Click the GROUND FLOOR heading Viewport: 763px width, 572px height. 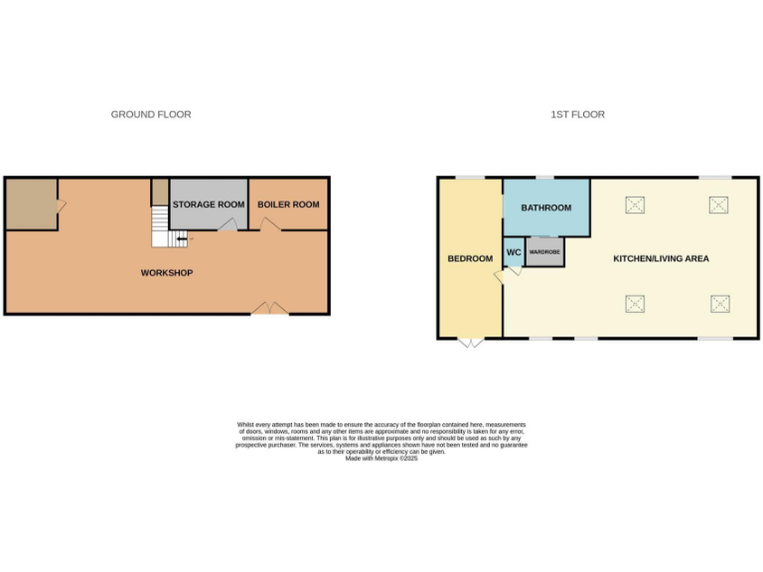click(x=151, y=115)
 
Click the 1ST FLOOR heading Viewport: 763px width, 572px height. click(x=578, y=115)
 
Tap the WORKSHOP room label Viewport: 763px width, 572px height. click(x=167, y=273)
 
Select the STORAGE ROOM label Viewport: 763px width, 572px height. click(x=209, y=205)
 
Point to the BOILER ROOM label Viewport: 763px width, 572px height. click(x=288, y=205)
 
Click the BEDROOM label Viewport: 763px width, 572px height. click(x=470, y=259)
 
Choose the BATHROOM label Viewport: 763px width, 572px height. click(x=546, y=208)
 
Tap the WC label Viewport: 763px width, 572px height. click(x=514, y=252)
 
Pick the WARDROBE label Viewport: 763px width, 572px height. click(x=544, y=252)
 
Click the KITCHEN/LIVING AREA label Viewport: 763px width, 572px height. click(x=661, y=259)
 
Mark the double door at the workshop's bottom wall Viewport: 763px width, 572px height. click(x=270, y=309)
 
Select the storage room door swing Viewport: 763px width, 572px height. click(x=228, y=226)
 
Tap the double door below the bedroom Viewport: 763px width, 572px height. click(x=471, y=343)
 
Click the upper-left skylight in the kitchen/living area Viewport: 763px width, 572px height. click(x=635, y=206)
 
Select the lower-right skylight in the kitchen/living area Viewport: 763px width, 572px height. click(x=718, y=303)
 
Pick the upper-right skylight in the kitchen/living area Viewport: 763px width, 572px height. click(x=718, y=206)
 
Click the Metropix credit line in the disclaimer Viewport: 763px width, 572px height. click(x=382, y=458)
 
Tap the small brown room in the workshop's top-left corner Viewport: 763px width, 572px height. click(x=31, y=204)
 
